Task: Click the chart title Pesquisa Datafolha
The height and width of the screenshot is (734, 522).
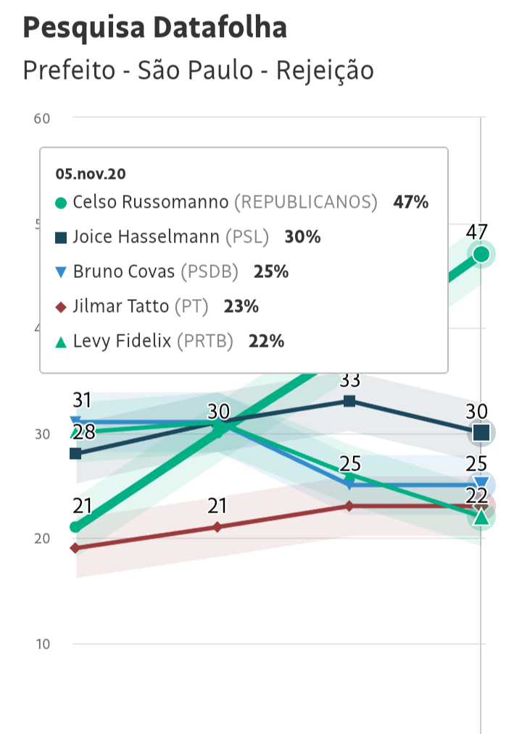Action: tap(154, 28)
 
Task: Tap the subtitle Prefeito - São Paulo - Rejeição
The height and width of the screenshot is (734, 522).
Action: tap(198, 70)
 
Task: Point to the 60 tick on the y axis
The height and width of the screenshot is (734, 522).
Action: tap(42, 118)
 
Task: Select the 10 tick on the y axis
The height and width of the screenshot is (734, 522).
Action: tap(42, 644)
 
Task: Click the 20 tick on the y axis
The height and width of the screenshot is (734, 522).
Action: tap(42, 539)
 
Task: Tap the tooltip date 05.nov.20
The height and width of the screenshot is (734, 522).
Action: tap(91, 174)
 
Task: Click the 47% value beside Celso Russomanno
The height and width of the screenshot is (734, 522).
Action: tap(410, 202)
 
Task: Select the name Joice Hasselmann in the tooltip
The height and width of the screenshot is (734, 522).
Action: tap(146, 237)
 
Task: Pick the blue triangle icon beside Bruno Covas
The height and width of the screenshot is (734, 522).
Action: tap(61, 272)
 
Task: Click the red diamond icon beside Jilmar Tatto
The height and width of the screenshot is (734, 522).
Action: tap(61, 307)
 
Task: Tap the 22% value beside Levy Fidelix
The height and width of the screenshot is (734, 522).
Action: tap(266, 342)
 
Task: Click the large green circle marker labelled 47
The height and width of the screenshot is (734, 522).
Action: tap(481, 253)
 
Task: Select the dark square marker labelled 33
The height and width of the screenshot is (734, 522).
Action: tap(349, 401)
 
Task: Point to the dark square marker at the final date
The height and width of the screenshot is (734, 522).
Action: tap(481, 433)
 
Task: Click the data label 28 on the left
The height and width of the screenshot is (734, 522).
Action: tap(85, 432)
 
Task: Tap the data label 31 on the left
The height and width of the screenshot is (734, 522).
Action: tap(82, 400)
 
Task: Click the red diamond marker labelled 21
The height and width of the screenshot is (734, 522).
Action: tap(218, 527)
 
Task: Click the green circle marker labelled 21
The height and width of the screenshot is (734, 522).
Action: tap(75, 527)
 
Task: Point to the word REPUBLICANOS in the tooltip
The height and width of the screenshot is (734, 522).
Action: tap(305, 202)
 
